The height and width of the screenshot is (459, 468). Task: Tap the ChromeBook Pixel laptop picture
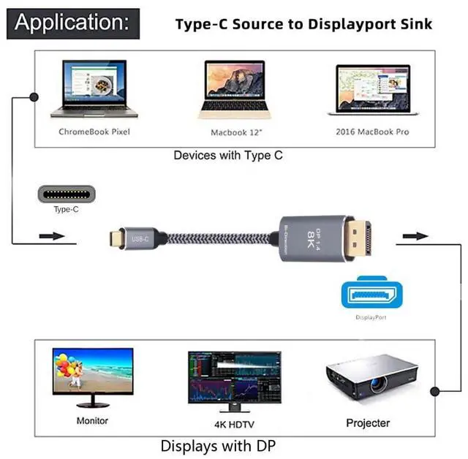[x=93, y=92]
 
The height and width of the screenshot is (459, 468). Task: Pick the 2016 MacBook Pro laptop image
[x=372, y=91]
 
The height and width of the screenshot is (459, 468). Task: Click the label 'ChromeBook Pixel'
[x=93, y=132]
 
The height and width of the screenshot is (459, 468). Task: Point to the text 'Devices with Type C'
[x=228, y=155]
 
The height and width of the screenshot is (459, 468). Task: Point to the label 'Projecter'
[x=368, y=423]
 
